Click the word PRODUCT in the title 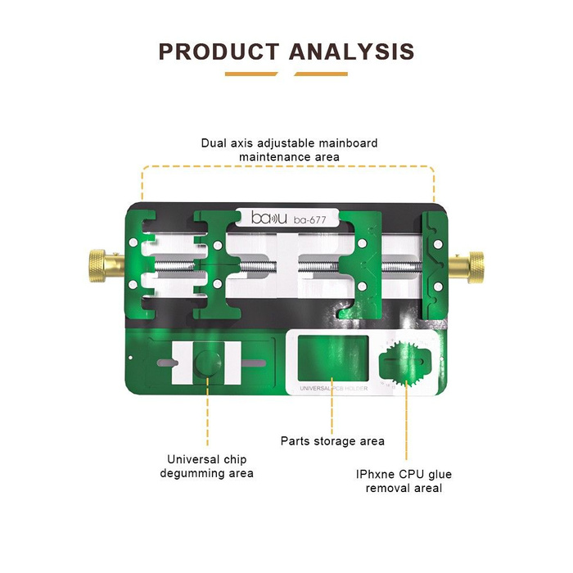219,52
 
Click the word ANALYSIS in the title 352,52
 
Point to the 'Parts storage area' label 332,441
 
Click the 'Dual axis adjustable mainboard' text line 290,143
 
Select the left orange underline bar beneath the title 251,74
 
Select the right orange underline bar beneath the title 321,74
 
